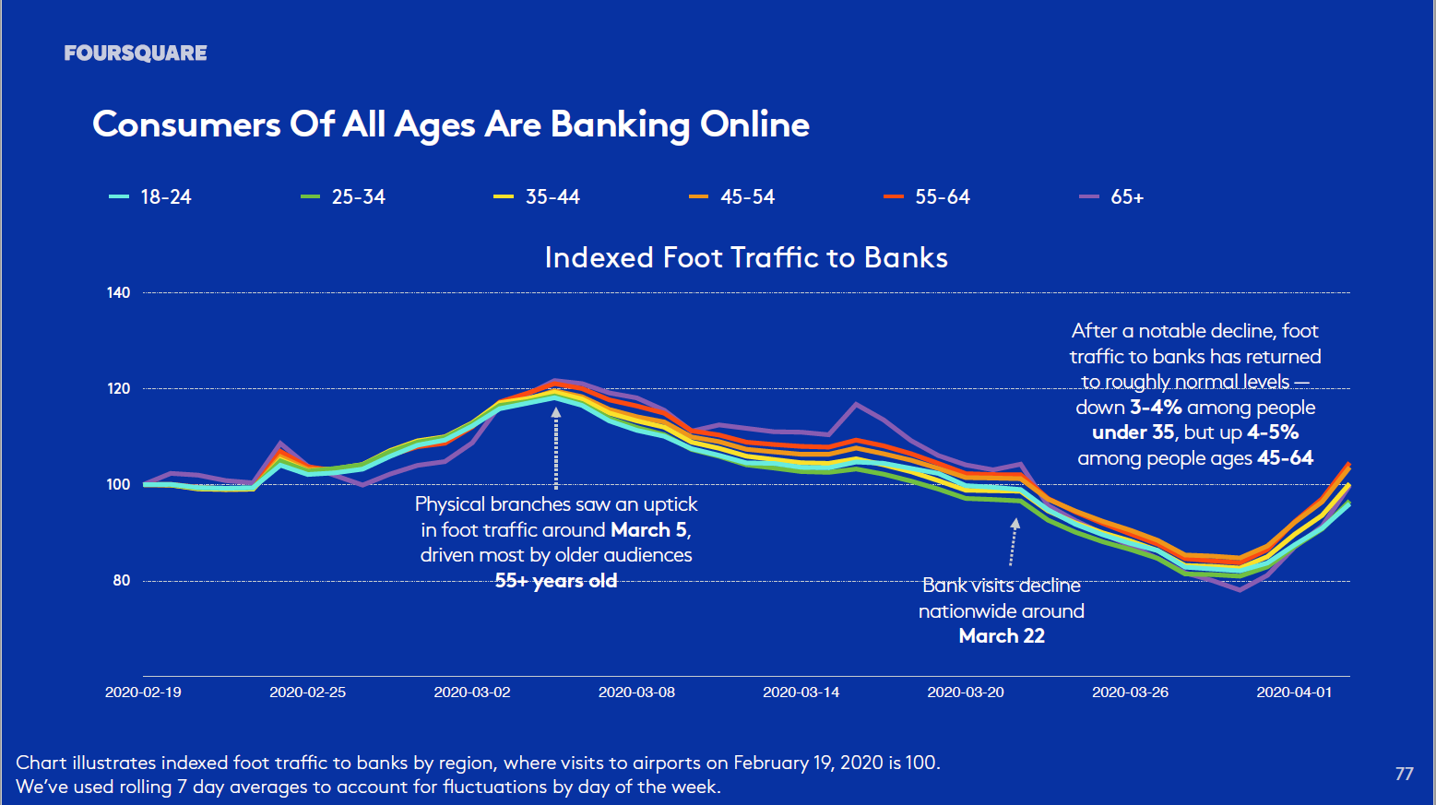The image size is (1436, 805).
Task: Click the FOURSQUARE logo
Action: [x=136, y=53]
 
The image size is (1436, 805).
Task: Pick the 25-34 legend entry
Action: [x=344, y=196]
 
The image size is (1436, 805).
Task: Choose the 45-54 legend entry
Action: [x=733, y=196]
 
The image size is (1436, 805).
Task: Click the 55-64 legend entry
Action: [x=928, y=196]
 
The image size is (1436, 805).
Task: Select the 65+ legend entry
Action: [x=1113, y=196]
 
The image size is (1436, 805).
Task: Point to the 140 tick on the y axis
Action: [x=119, y=293]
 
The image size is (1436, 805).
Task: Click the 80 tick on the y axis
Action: [x=122, y=581]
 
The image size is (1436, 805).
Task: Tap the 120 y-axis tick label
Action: [x=119, y=389]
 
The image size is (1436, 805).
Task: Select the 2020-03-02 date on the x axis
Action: [x=472, y=693]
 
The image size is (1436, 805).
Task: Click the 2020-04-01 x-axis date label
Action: [x=1294, y=693]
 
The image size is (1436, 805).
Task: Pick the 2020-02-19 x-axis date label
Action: [x=143, y=693]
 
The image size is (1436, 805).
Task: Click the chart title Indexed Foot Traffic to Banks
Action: [x=746, y=257]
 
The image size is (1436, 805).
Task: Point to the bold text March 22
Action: [x=1002, y=636]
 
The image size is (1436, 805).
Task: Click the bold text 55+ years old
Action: [x=556, y=581]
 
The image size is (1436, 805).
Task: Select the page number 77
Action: [x=1404, y=774]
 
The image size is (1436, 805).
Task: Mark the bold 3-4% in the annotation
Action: [x=1156, y=408]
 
